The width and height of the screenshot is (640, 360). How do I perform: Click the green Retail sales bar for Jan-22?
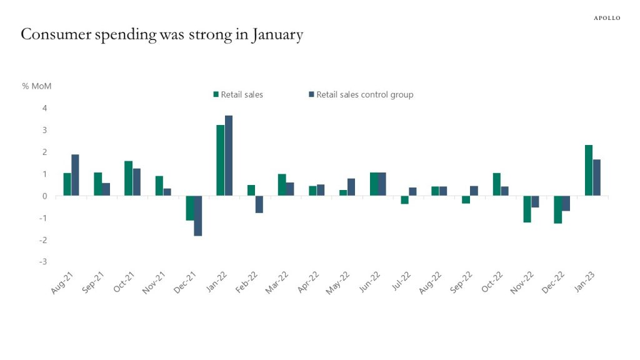pyautogui.click(x=221, y=161)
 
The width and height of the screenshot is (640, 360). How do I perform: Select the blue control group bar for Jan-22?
pyautogui.click(x=229, y=156)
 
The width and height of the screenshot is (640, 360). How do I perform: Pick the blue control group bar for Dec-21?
pyautogui.click(x=198, y=216)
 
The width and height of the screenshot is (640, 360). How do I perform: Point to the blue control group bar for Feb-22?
pyautogui.click(x=259, y=204)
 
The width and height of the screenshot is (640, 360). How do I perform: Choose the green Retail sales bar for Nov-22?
pyautogui.click(x=527, y=209)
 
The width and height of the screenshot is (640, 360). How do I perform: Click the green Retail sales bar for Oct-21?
pyautogui.click(x=128, y=178)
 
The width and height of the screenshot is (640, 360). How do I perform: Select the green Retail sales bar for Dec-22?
pyautogui.click(x=557, y=209)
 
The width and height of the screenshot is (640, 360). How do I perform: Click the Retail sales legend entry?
pyautogui.click(x=238, y=95)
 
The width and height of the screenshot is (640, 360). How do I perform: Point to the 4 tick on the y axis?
pyautogui.click(x=44, y=108)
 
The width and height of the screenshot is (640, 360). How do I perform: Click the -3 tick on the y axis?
pyautogui.click(x=43, y=262)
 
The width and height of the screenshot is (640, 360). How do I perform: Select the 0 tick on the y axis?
pyautogui.click(x=44, y=196)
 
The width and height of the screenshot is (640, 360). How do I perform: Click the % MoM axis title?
pyautogui.click(x=37, y=86)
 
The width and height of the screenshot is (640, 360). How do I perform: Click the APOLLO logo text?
pyautogui.click(x=606, y=18)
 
